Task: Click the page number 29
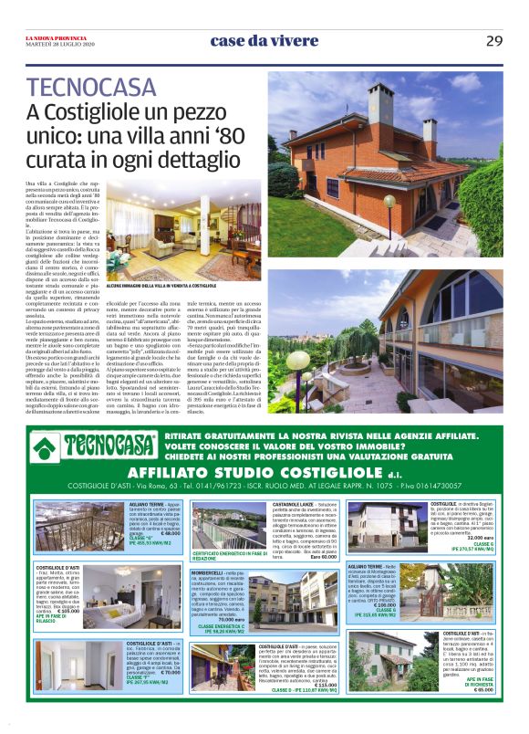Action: [493, 39]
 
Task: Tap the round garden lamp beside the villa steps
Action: [389, 200]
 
